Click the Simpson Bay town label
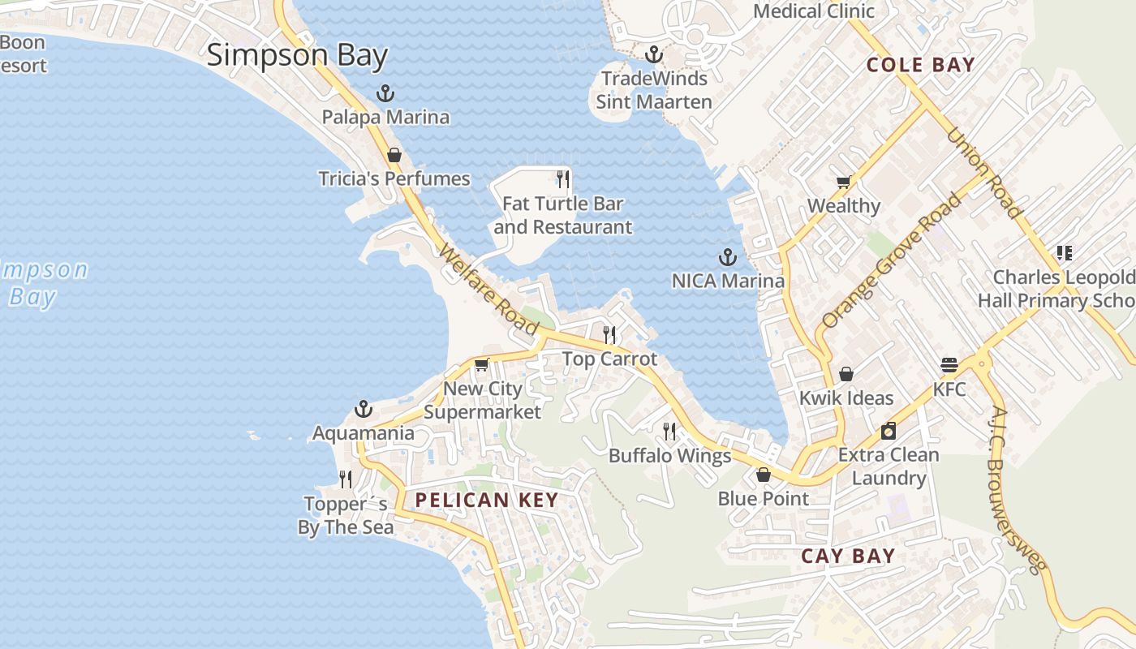coord(297,56)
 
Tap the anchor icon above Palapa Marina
coord(385,94)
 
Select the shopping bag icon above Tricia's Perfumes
coord(394,155)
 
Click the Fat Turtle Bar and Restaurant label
coord(562,216)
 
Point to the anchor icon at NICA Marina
coord(728,258)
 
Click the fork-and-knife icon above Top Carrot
coord(609,334)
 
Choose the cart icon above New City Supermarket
coord(482,364)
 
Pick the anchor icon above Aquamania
coord(364,409)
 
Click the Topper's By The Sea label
coord(346,516)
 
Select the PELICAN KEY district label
coord(487,501)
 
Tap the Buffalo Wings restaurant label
coord(669,456)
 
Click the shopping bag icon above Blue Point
coord(764,475)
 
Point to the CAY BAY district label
coord(848,557)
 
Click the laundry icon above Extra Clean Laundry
coord(889,431)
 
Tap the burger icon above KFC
coord(949,365)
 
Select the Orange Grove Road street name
coord(890,260)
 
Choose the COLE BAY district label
coord(920,65)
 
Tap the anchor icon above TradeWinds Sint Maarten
coord(653,55)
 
